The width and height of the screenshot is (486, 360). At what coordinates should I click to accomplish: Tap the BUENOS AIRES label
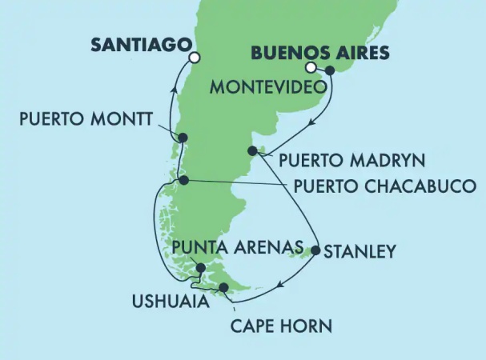pos(320,54)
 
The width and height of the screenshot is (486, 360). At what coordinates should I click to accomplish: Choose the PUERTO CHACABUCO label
pos(384,186)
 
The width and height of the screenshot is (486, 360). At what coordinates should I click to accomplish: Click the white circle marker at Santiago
pos(193,57)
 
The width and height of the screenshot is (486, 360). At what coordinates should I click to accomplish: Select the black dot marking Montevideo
pos(329,70)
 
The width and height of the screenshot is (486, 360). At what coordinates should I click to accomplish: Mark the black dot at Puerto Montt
pos(183,138)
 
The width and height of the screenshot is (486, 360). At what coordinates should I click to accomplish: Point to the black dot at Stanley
pos(315,251)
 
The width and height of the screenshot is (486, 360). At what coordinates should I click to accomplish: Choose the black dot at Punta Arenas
pos(200,268)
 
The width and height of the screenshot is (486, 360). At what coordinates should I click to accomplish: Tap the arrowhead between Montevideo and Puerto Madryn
pos(312,122)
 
